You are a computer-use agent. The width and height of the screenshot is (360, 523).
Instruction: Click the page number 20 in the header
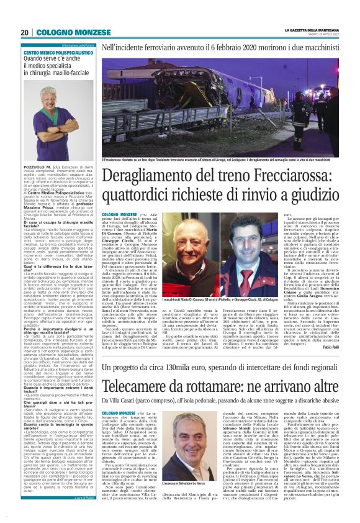click(x=25, y=33)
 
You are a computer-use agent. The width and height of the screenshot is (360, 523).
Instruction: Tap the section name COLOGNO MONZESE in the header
click(x=63, y=33)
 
